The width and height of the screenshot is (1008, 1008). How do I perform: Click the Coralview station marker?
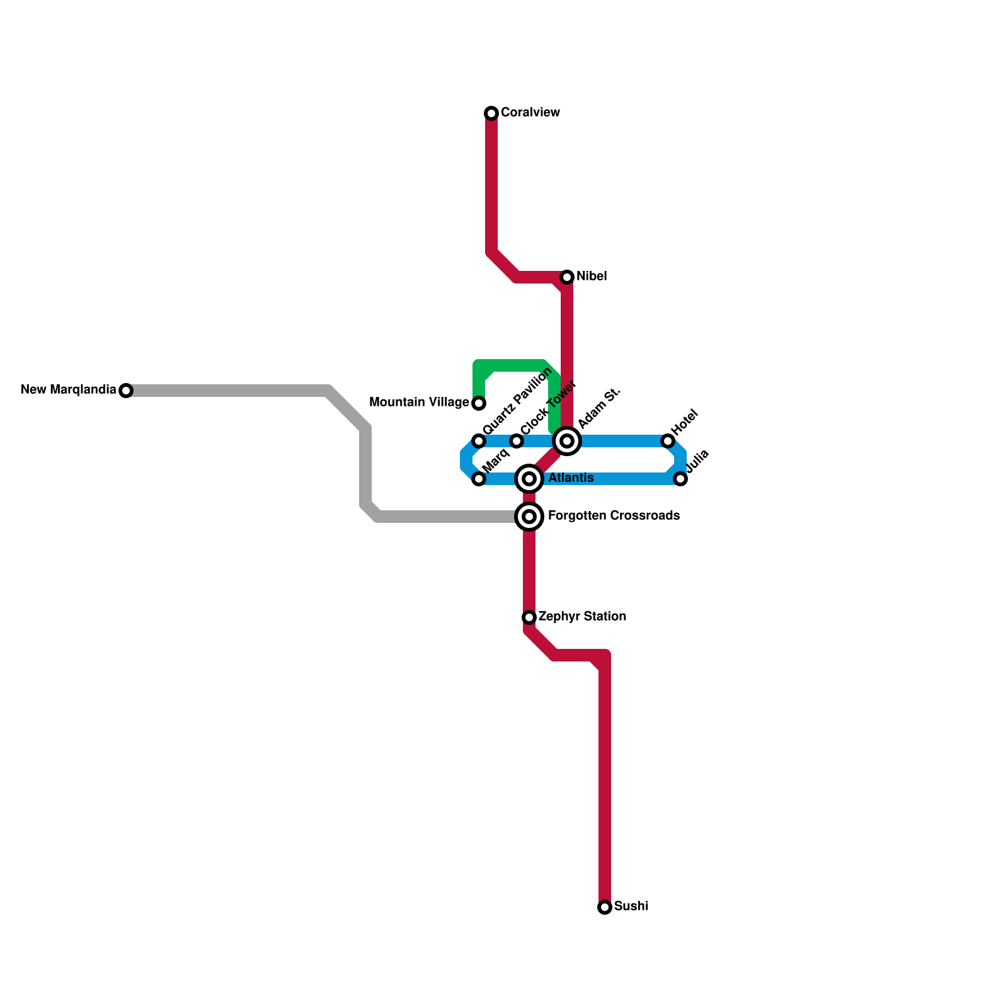[491, 113]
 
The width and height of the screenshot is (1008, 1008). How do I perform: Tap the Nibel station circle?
[567, 277]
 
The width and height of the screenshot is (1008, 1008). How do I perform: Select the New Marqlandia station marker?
[126, 391]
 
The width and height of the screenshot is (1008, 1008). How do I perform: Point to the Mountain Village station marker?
[479, 403]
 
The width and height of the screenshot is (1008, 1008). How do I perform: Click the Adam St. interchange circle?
[567, 441]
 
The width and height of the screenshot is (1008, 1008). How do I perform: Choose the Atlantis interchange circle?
[529, 479]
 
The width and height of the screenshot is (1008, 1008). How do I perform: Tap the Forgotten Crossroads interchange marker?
[529, 517]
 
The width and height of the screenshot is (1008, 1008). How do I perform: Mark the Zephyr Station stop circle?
[529, 617]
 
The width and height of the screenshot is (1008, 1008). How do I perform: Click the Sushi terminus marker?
[605, 907]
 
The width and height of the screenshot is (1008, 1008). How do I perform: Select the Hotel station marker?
[668, 441]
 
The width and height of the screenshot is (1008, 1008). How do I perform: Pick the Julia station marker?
[680, 479]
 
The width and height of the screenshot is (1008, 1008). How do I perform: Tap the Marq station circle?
[479, 479]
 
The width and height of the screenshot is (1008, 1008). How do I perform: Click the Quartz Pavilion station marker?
[479, 441]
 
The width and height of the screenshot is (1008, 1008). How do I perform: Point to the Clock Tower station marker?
[517, 441]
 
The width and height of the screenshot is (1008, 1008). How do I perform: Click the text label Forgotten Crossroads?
[614, 516]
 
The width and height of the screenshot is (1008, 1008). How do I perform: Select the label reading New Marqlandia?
[68, 390]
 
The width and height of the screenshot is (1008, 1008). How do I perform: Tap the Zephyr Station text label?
[582, 617]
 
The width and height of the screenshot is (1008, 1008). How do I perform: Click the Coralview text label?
[530, 113]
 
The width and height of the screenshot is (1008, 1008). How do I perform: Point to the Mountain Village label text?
[419, 403]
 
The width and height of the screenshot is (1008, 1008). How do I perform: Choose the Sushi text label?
[631, 907]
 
